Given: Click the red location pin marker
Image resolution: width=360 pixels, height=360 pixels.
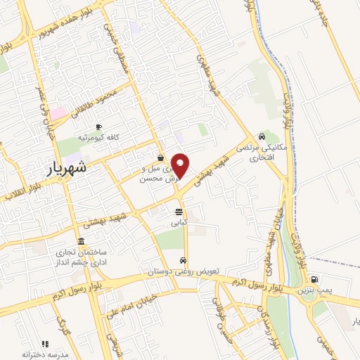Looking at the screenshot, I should coord(181,165).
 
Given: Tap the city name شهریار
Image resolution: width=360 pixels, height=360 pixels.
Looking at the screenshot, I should coord(68,168).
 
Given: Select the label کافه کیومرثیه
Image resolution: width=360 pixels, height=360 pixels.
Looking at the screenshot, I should coord(103,136).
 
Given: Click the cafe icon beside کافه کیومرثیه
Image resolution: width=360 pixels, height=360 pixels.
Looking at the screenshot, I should coord(98,126).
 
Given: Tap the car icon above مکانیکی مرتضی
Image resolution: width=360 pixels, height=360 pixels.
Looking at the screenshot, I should coord(262,137).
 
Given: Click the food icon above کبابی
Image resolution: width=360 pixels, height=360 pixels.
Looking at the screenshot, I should coord(179,211).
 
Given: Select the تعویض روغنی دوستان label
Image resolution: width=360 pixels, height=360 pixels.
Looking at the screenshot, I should coord(184,271).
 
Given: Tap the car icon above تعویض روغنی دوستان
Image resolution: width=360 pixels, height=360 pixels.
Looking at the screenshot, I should coord(184,259).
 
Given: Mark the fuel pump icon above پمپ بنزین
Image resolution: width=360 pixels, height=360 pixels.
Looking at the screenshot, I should coord(314,278).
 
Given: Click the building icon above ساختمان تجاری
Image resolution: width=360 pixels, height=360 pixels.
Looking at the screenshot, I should coord(81,242).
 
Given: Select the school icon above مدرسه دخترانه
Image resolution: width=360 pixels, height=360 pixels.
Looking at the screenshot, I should coord(46,344).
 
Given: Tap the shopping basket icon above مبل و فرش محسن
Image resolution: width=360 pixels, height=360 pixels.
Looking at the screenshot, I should coord(161,157).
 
